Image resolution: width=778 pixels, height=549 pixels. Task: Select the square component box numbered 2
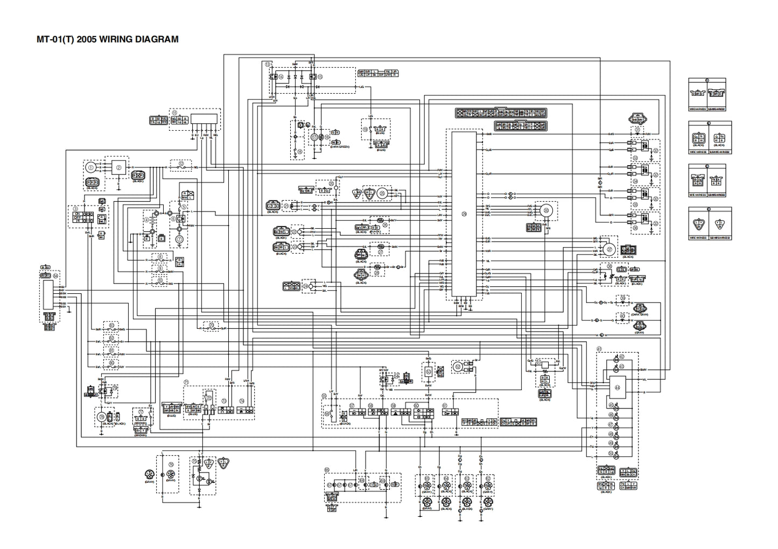tap(118, 168)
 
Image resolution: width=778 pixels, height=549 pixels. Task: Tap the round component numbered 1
tap(91, 166)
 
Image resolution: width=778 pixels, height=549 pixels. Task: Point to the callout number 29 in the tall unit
tap(464, 213)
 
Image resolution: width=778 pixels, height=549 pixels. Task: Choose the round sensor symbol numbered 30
tap(548, 211)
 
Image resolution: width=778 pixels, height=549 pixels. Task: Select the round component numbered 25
tap(383, 192)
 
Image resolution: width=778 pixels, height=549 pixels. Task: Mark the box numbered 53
tap(429, 371)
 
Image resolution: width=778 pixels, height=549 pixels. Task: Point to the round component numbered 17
tap(314, 137)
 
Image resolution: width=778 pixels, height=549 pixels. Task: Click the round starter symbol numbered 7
tap(179, 239)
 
